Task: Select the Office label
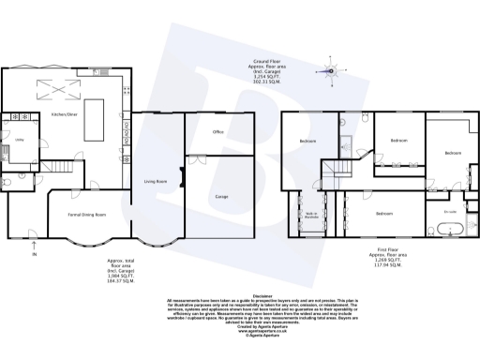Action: (x=217, y=132)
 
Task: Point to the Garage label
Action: (x=222, y=197)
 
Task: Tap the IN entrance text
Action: (x=36, y=254)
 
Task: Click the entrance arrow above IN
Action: (x=36, y=242)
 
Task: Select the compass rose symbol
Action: (x=330, y=69)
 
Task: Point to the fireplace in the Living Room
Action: (x=183, y=175)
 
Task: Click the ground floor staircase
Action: (x=61, y=167)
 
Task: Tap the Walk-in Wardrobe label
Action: (x=309, y=215)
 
